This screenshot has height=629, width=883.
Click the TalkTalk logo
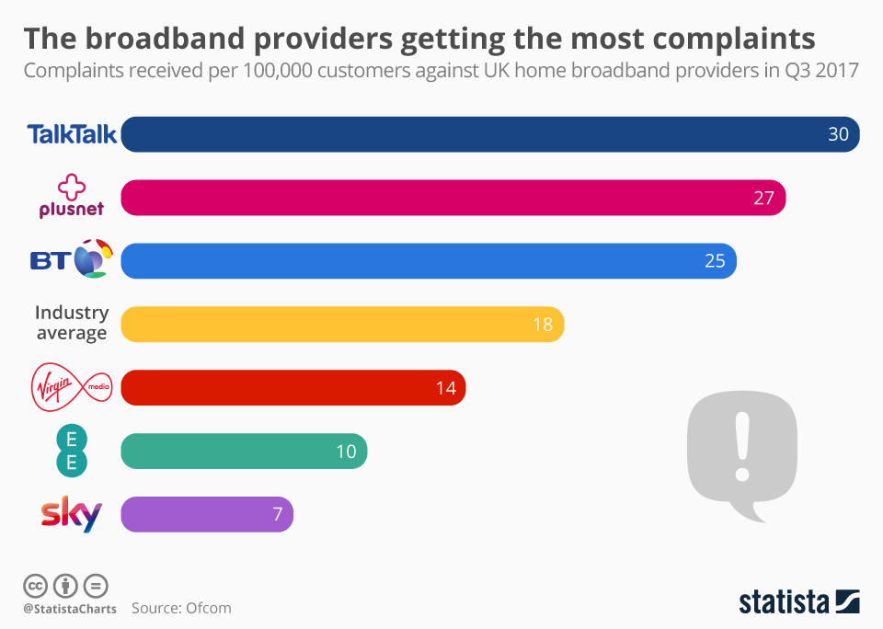(x=73, y=134)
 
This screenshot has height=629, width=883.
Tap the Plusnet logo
(x=72, y=197)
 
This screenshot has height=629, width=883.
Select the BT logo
(x=71, y=260)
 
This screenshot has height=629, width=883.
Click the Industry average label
(x=72, y=323)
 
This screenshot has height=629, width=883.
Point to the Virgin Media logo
(x=72, y=386)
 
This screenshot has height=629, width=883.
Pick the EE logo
(x=72, y=451)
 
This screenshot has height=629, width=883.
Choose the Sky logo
(x=72, y=514)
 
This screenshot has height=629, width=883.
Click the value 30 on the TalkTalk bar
(x=838, y=134)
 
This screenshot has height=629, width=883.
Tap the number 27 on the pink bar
(x=763, y=198)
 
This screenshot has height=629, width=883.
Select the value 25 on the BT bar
(x=715, y=261)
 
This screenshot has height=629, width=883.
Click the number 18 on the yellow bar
(x=542, y=325)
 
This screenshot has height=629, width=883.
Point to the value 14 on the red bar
(x=446, y=388)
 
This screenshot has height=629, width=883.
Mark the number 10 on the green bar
(x=346, y=452)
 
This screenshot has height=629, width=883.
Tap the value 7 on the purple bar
(x=277, y=515)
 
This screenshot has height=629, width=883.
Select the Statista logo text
(x=785, y=602)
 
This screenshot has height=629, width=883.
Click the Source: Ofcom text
(x=181, y=608)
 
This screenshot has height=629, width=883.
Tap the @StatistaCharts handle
(x=70, y=609)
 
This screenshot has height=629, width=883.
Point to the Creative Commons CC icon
(x=36, y=585)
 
